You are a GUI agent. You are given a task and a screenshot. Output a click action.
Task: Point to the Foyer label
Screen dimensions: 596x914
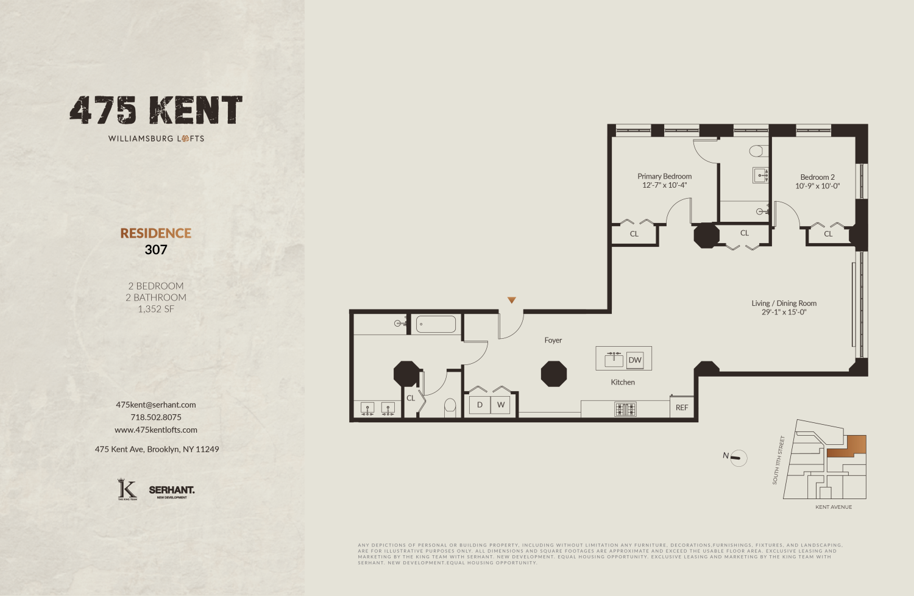553,340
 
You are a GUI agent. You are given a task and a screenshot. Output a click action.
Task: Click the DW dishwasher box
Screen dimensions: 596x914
635,360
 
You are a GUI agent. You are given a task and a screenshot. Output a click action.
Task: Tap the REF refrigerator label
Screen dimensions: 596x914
682,408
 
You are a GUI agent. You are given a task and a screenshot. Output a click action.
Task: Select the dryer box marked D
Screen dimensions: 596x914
480,405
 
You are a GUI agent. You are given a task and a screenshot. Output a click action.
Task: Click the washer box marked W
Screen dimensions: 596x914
501,405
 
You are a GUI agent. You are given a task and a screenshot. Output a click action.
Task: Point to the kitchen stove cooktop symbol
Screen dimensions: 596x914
625,409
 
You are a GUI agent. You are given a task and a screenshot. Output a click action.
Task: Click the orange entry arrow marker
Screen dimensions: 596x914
512,300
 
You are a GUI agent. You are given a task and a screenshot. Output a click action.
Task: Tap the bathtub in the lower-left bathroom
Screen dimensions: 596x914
436,324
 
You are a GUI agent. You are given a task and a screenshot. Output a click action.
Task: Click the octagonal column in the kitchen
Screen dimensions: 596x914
554,374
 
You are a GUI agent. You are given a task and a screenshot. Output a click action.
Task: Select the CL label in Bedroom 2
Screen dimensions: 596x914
828,234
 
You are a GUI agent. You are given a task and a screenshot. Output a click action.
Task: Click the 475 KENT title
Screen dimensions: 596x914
156,110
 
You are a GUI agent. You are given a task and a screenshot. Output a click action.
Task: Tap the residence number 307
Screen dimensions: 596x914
156,249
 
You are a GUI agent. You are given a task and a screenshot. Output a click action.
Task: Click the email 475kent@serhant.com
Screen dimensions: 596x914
156,405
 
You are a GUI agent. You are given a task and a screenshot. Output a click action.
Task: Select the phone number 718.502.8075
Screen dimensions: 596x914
156,417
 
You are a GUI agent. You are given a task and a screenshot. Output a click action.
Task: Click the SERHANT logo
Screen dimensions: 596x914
172,490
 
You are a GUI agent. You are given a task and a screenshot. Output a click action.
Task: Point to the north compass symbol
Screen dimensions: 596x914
737,457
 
